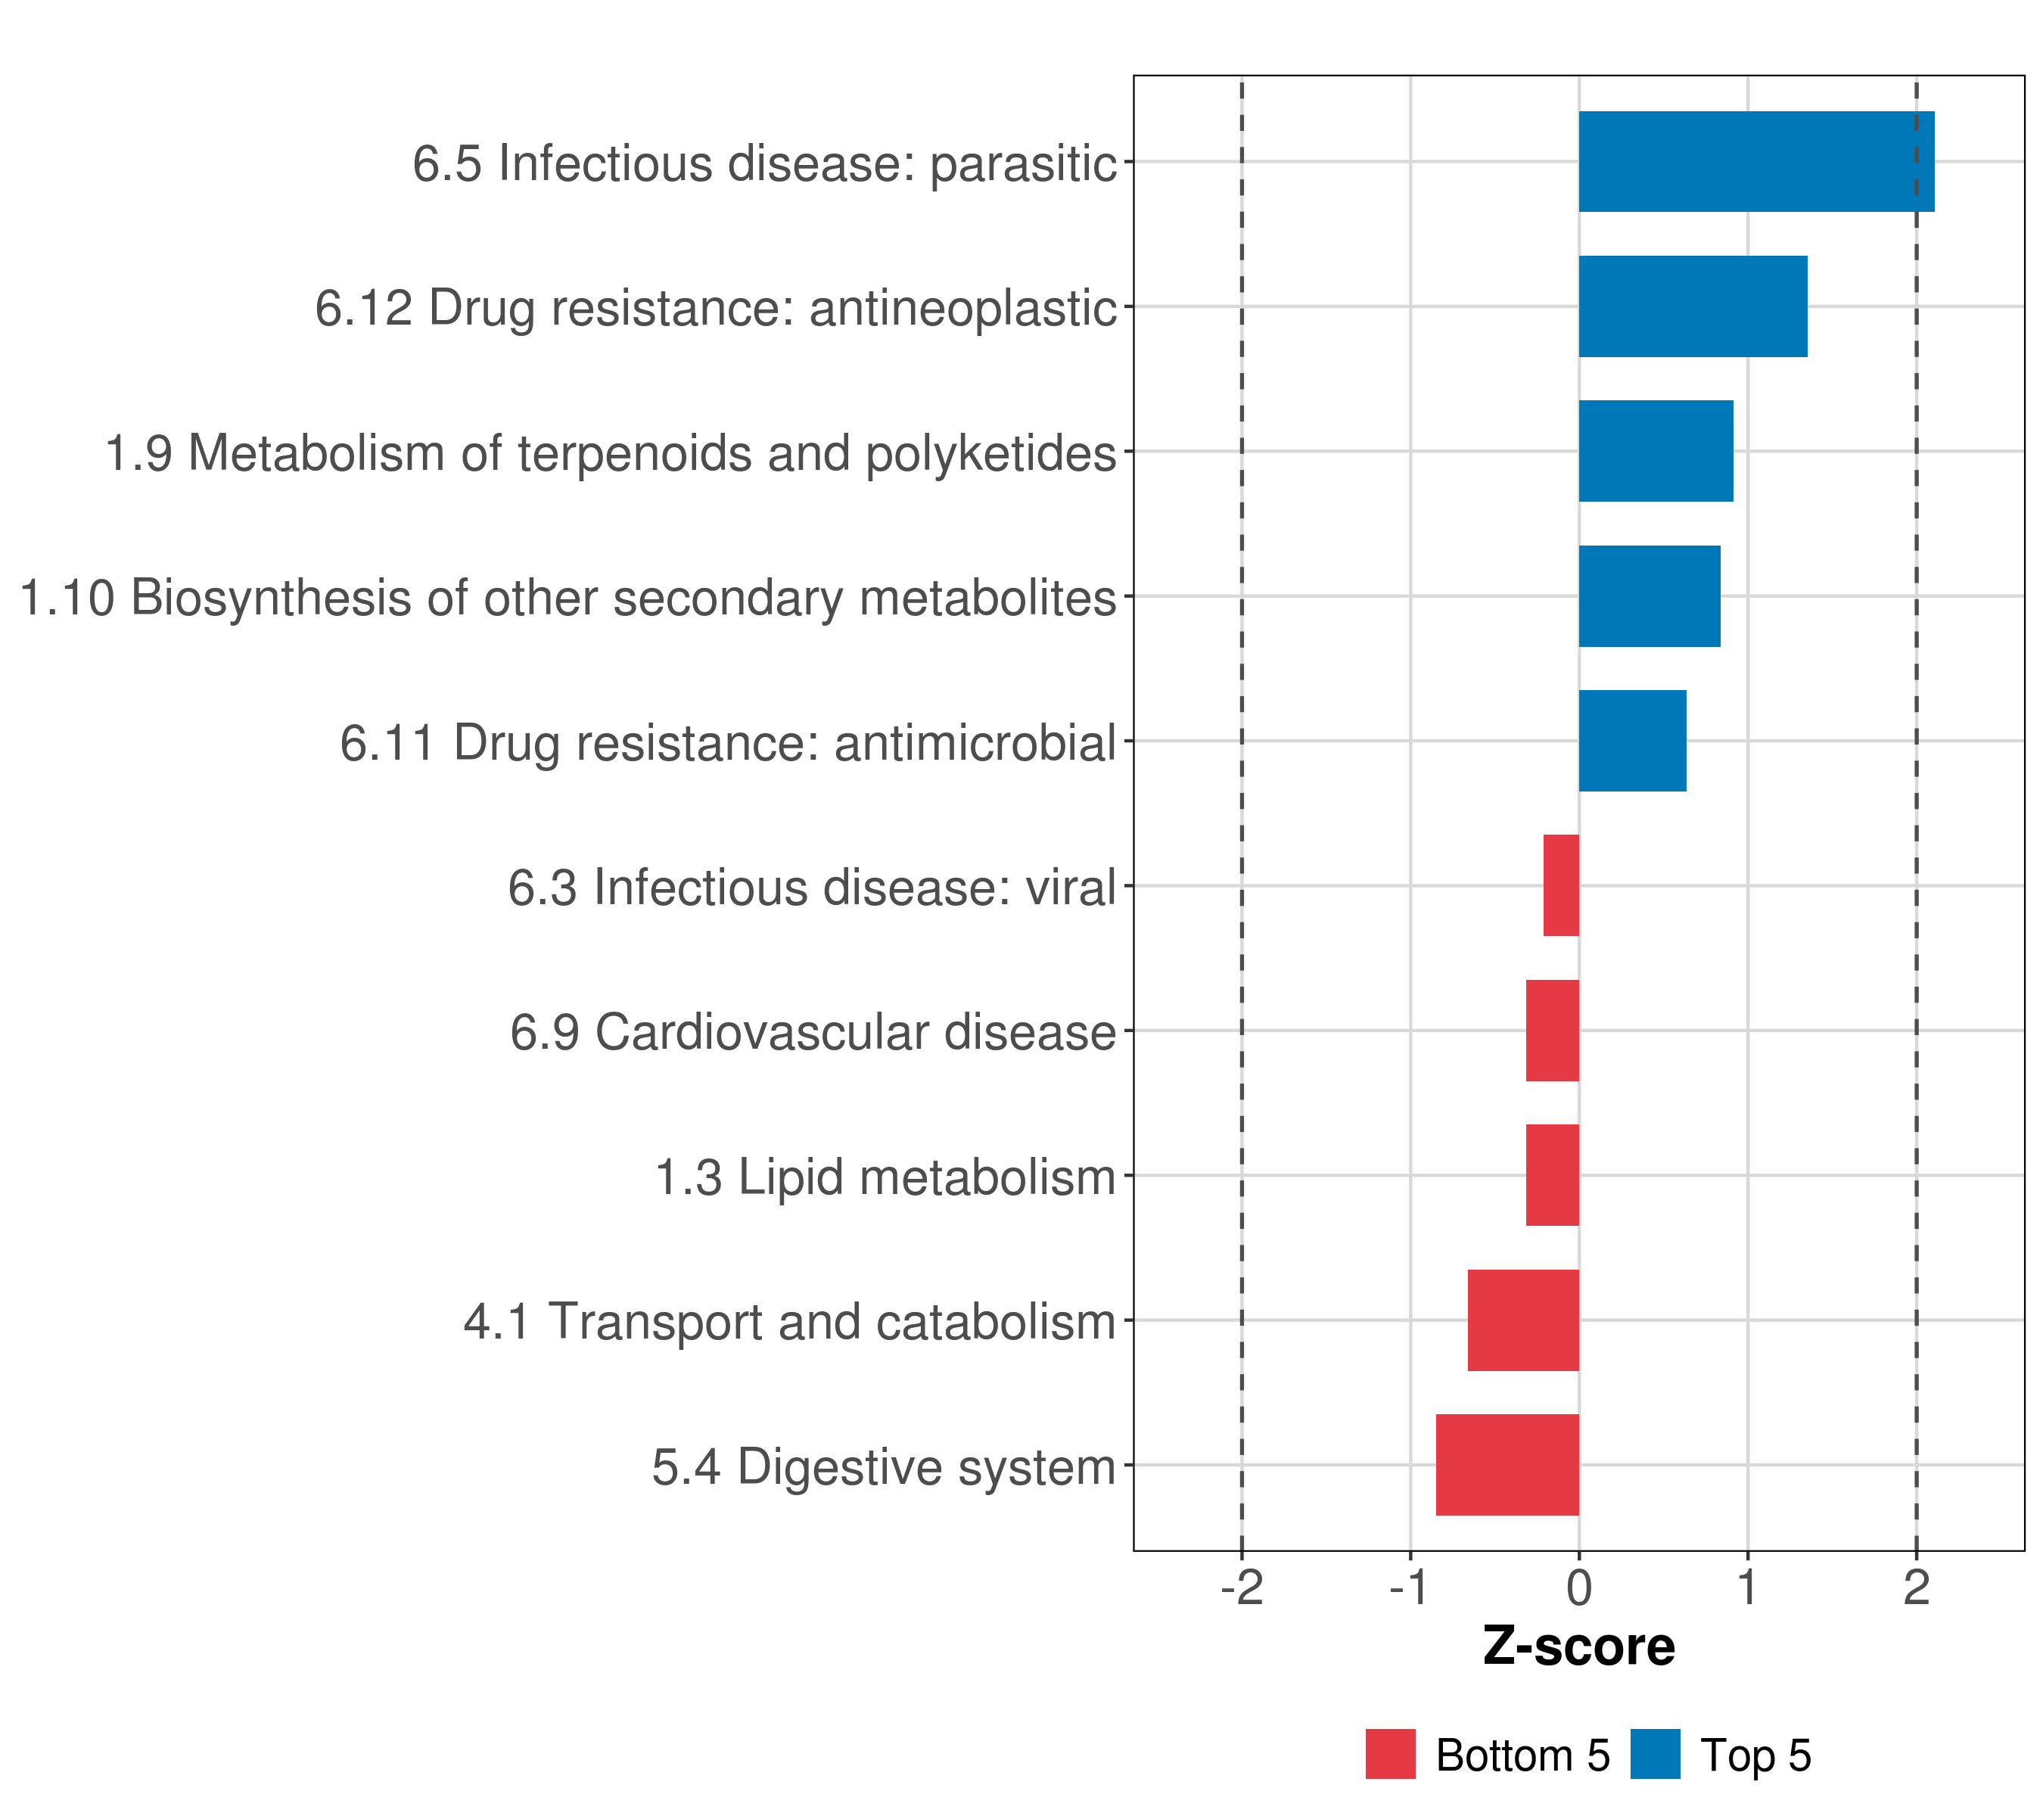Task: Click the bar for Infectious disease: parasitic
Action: coord(1756,161)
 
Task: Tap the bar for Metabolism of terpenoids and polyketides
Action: coord(1655,451)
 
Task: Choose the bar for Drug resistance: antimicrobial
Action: coord(1632,741)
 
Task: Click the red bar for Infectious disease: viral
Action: coord(1561,885)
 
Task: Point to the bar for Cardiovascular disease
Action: coord(1552,1031)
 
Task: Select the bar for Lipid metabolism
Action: coord(1552,1175)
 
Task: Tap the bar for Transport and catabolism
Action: coord(1523,1320)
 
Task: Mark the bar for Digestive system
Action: coord(1507,1465)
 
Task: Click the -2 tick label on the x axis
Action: coord(1242,1589)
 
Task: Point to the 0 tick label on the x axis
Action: coord(1579,1589)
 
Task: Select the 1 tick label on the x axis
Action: coord(1747,1589)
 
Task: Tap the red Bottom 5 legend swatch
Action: coord(1390,1754)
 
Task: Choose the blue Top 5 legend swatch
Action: coord(1655,1754)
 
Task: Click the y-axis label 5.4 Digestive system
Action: coord(884,1467)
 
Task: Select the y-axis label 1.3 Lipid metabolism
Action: coord(885,1177)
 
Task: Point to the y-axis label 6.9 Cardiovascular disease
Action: coord(813,1032)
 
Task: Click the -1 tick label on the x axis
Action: coord(1410,1589)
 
